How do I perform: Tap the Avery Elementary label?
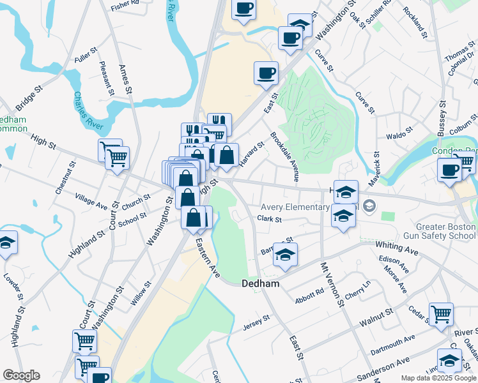coord(295,207)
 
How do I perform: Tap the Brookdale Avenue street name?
coord(286,156)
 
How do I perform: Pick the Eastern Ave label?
coord(208,257)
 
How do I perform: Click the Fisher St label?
coord(125,6)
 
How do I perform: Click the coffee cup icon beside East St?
coord(266,72)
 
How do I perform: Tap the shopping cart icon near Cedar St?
coord(441,313)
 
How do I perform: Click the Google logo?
coord(21,375)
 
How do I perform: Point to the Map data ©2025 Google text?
coord(438,378)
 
